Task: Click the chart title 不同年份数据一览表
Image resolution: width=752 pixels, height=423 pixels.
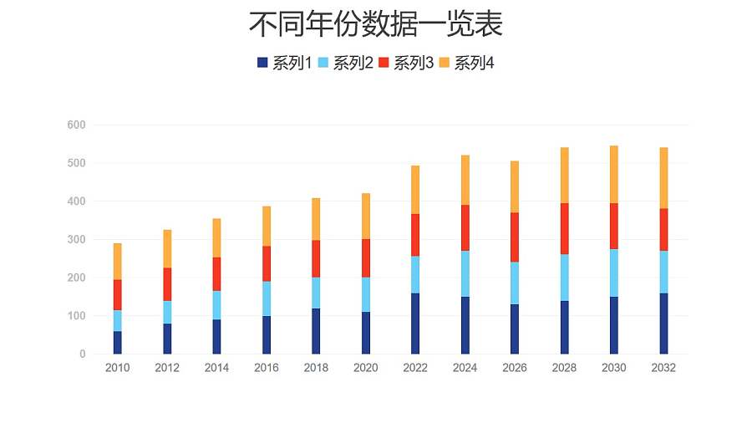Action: [375, 25]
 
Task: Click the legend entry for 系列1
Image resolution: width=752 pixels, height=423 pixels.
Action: [284, 63]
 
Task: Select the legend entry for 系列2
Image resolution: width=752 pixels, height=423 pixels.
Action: [345, 63]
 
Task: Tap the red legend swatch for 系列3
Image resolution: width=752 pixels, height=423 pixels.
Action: [384, 63]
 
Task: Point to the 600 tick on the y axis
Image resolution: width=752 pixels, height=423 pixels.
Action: [76, 125]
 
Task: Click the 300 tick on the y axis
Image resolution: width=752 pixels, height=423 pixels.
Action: [76, 240]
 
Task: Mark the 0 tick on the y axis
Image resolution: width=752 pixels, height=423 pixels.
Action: [82, 354]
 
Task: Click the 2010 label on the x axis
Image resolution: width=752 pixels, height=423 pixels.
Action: [118, 369]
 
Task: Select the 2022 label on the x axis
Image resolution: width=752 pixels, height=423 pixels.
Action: [415, 369]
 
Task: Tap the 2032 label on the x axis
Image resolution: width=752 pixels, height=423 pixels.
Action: [663, 369]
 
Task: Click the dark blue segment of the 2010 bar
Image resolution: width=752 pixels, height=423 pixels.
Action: [118, 343]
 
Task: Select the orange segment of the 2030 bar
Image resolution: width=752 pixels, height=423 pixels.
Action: [614, 175]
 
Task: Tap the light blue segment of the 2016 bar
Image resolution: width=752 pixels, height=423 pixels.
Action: [267, 298]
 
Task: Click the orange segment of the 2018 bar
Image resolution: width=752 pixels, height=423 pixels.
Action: [316, 219]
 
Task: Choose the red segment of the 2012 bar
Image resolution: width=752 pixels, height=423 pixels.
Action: [167, 284]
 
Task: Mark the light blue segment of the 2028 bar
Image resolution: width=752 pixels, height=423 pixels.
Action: [565, 278]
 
